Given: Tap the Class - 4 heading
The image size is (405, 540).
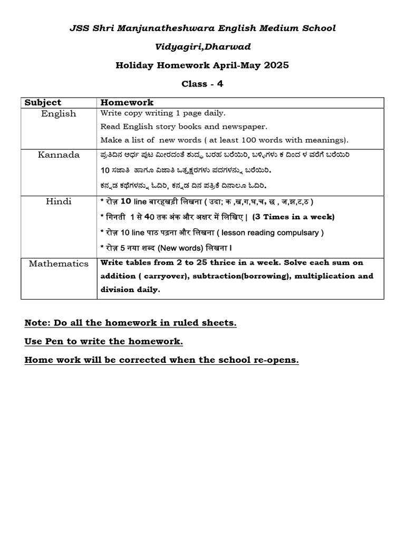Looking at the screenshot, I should pyautogui.click(x=202, y=83).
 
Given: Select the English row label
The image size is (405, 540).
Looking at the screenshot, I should pyautogui.click(x=59, y=113).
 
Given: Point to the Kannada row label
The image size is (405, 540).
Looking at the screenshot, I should pyautogui.click(x=59, y=155).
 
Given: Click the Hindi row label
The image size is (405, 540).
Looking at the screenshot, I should pyautogui.click(x=59, y=201).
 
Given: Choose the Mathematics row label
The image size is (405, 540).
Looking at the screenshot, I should pyautogui.click(x=59, y=263).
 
